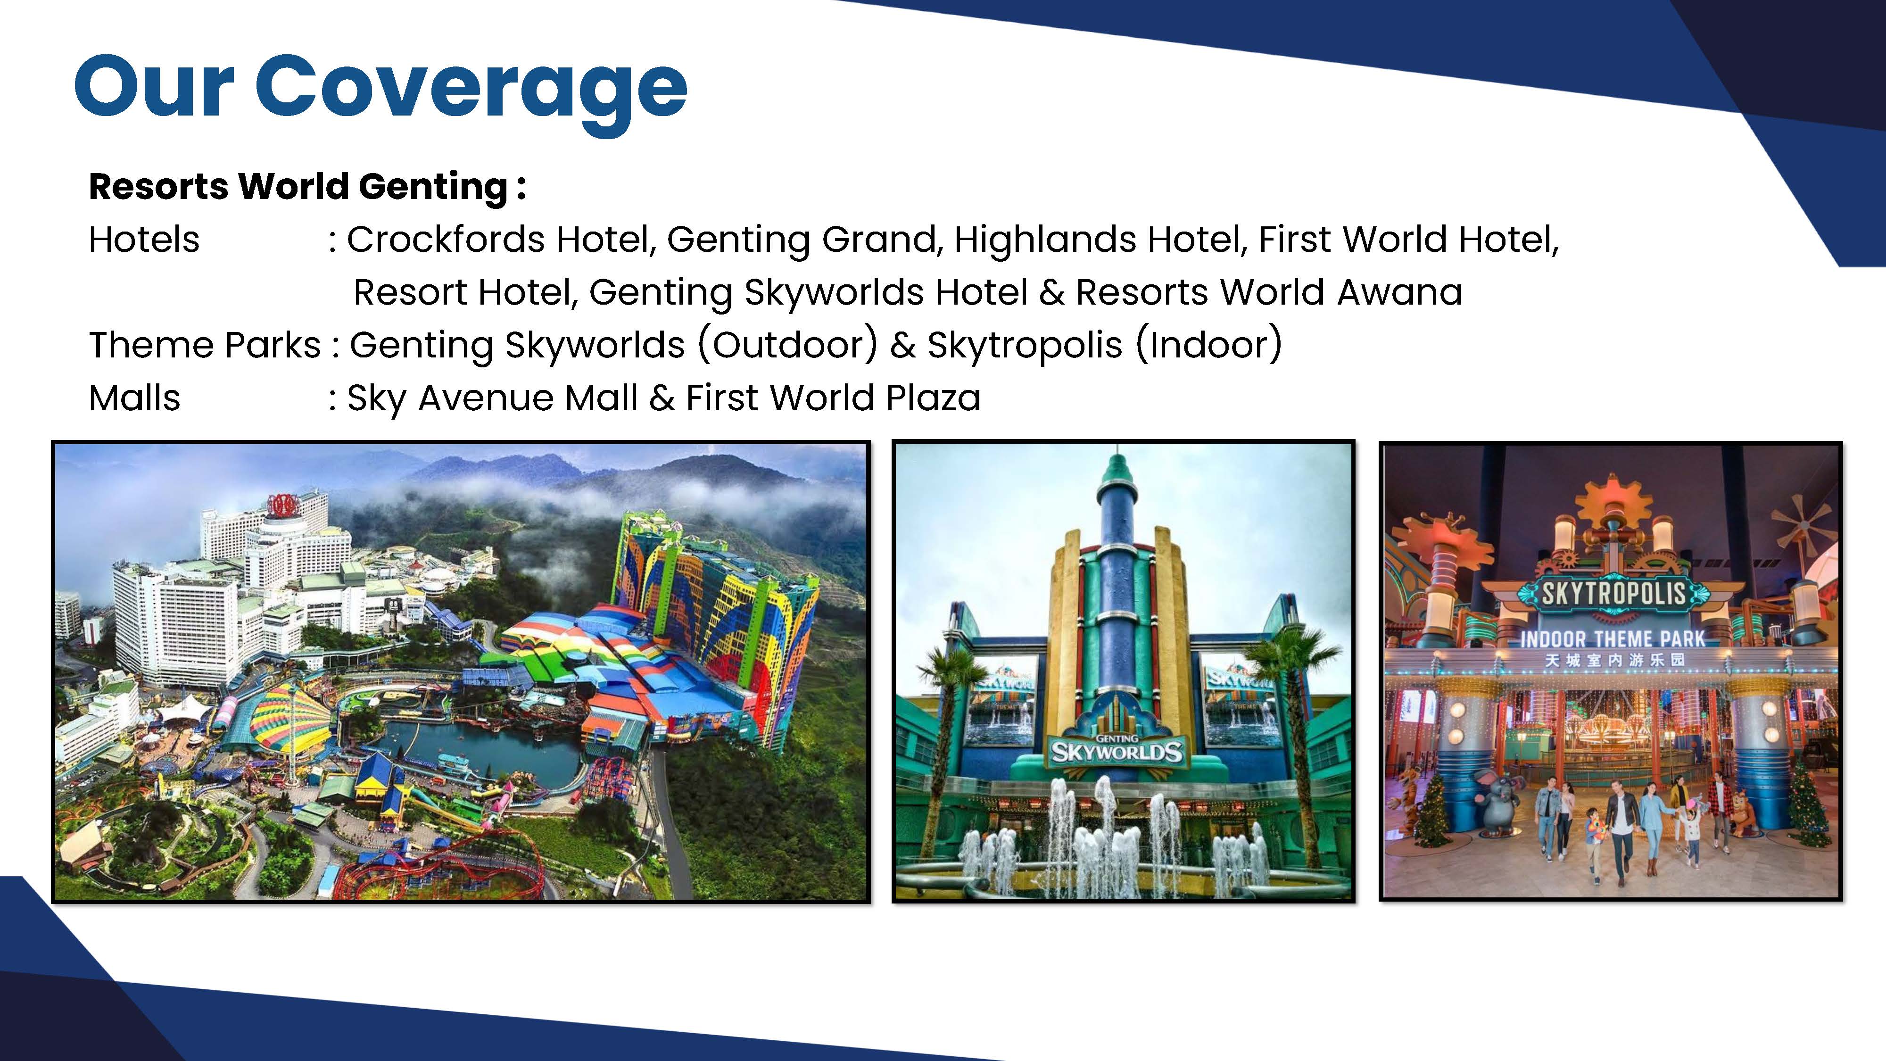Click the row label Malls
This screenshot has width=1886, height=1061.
[134, 398]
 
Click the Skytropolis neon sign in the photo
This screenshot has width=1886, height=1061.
[1613, 594]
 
